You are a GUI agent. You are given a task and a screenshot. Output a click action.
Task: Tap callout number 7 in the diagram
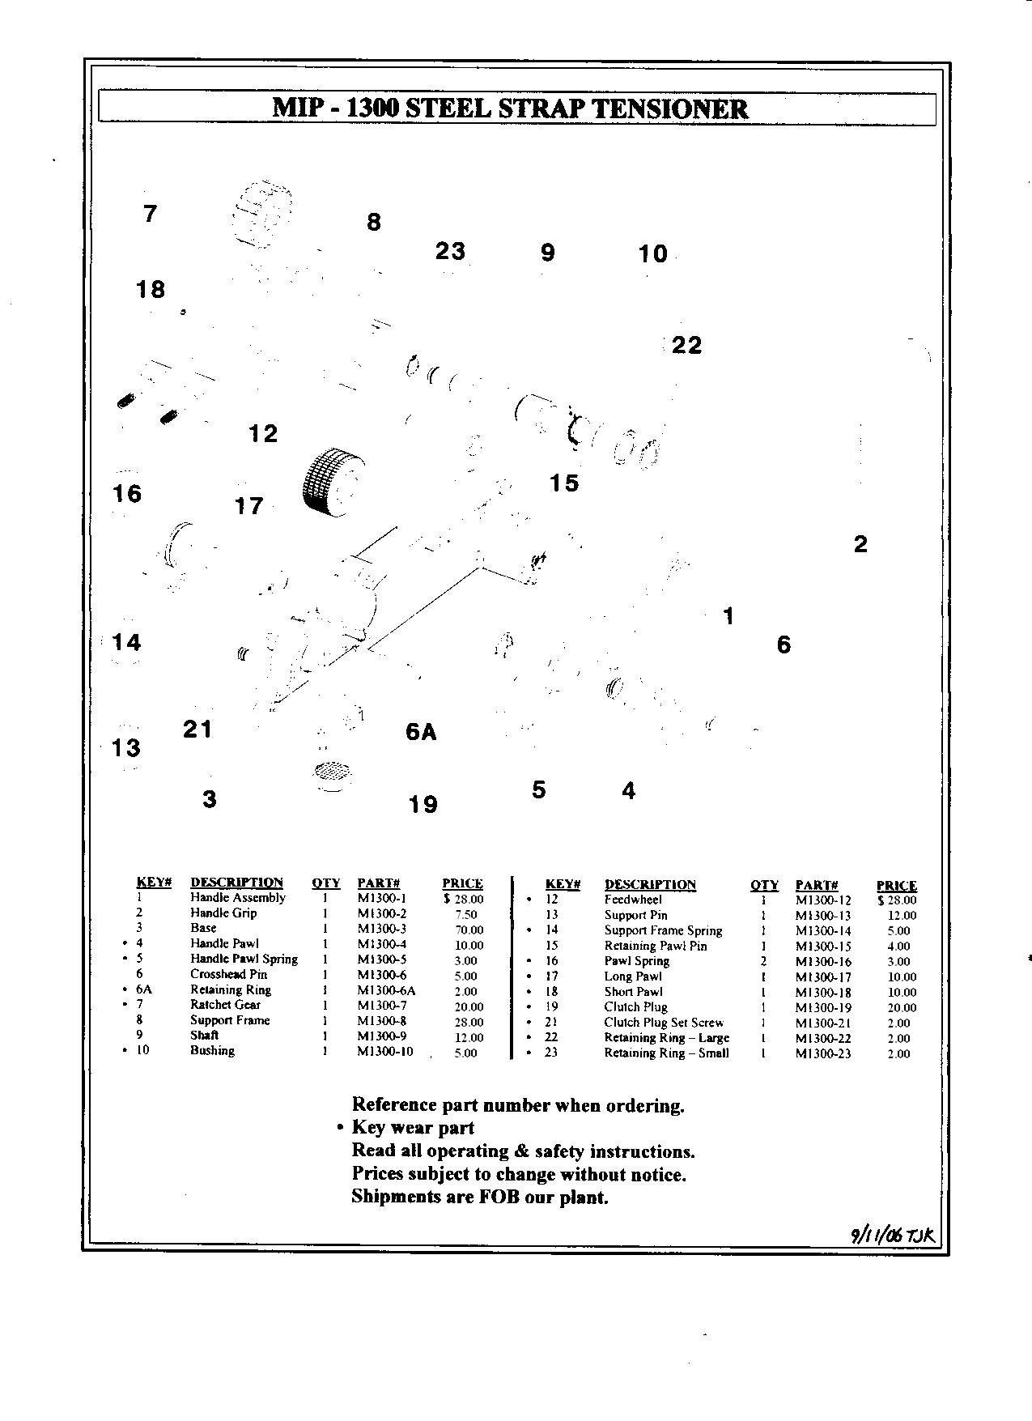pos(150,215)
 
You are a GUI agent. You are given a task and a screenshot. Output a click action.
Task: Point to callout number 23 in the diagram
pos(450,251)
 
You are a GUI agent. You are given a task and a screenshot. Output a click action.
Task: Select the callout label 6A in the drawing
pos(421,733)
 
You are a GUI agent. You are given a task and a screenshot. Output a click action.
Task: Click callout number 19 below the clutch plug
pos(423,804)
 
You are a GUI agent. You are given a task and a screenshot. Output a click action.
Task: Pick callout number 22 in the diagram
pos(687,346)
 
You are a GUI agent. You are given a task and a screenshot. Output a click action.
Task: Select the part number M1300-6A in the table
pos(386,990)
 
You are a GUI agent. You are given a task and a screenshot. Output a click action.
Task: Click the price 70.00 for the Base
pos(469,930)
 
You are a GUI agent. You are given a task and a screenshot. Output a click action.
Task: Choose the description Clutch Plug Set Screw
pos(664,1023)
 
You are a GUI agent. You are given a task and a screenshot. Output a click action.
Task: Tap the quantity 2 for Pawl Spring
pos(763,961)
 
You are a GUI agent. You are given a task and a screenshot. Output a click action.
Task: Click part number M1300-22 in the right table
pos(823,1038)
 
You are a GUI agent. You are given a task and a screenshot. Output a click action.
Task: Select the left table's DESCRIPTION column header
pos(236,883)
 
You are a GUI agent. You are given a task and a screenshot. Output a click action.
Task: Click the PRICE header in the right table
pos(896,885)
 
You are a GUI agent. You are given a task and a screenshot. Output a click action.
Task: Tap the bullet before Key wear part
pos(341,1128)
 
